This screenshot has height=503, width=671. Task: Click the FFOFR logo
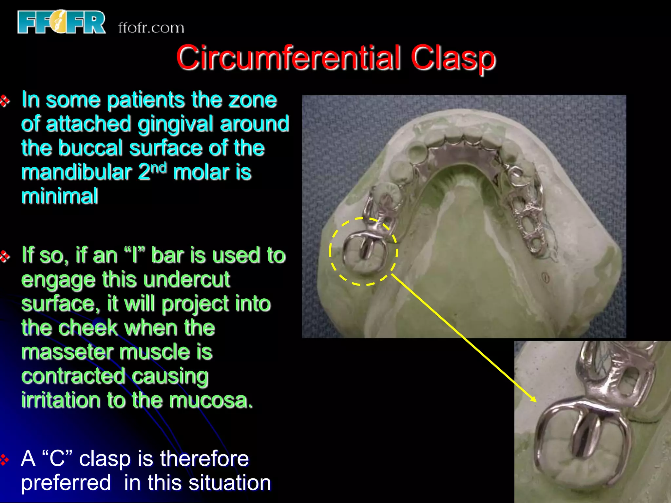point(62,22)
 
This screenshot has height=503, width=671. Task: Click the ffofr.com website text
point(151,28)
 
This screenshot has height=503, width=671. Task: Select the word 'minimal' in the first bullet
point(60,196)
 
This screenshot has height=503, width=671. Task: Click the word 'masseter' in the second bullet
point(67,352)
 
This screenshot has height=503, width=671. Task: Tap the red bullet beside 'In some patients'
point(5,101)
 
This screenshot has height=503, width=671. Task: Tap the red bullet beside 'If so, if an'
point(5,256)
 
